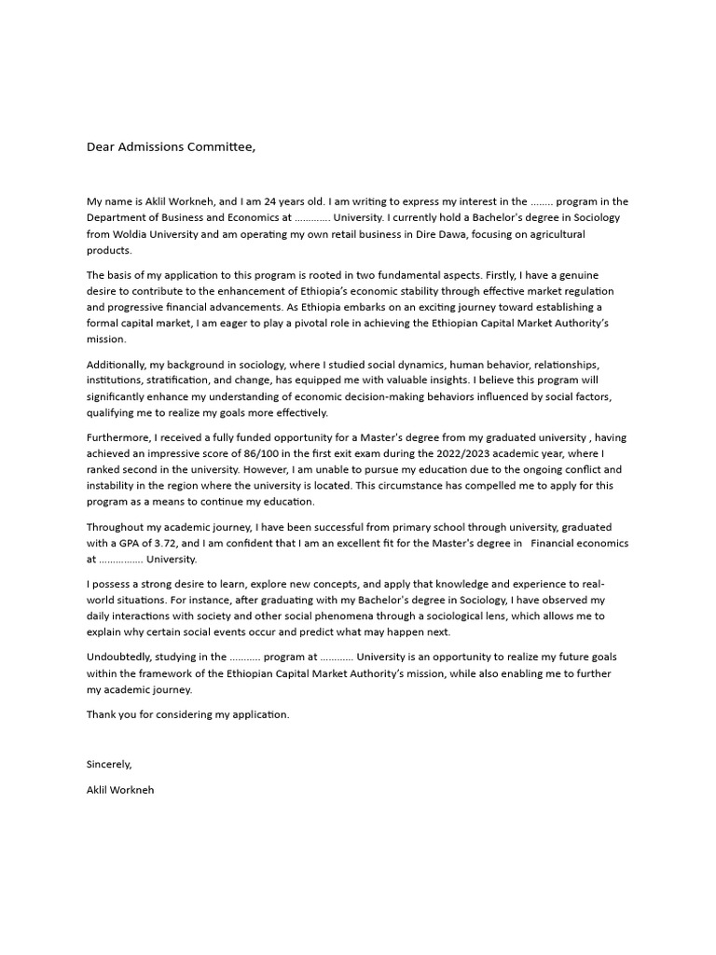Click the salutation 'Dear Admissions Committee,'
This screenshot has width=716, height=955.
(171, 146)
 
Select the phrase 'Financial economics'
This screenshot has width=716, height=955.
(579, 543)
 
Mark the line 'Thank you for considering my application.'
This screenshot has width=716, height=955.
(188, 714)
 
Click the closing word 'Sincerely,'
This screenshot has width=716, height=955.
(110, 764)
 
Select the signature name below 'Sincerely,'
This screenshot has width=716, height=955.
(120, 789)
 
